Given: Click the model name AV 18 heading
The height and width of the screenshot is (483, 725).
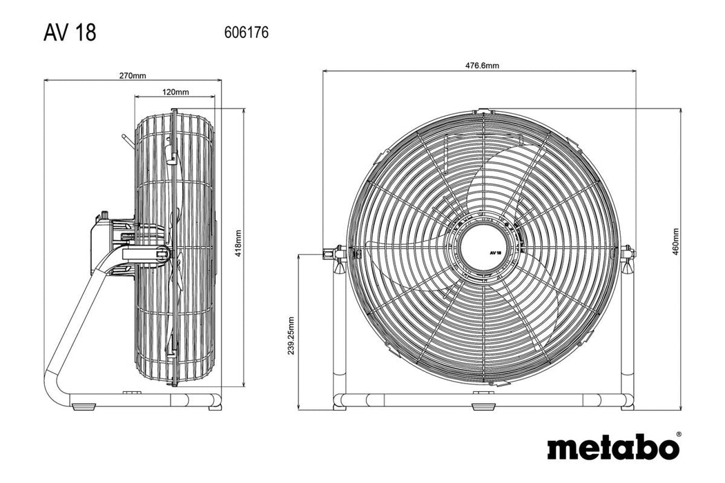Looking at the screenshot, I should click(x=70, y=32).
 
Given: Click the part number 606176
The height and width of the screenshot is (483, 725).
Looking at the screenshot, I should click(x=246, y=32).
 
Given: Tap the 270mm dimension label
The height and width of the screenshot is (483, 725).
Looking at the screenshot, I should click(x=133, y=75).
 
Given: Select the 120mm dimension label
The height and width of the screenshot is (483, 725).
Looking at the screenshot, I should click(x=176, y=92).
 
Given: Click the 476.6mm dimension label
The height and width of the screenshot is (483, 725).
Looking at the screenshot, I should click(x=482, y=66).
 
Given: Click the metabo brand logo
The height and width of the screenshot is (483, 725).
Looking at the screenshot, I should click(x=612, y=446).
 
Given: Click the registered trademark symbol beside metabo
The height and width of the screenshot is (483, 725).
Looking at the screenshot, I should click(x=677, y=435).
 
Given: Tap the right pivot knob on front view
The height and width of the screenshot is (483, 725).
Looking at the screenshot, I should click(x=628, y=253).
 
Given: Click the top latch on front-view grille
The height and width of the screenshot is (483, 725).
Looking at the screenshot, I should click(x=485, y=110).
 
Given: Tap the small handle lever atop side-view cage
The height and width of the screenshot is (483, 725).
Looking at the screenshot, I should click(x=125, y=140).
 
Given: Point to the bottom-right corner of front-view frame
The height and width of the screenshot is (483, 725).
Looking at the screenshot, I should click(x=629, y=400).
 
